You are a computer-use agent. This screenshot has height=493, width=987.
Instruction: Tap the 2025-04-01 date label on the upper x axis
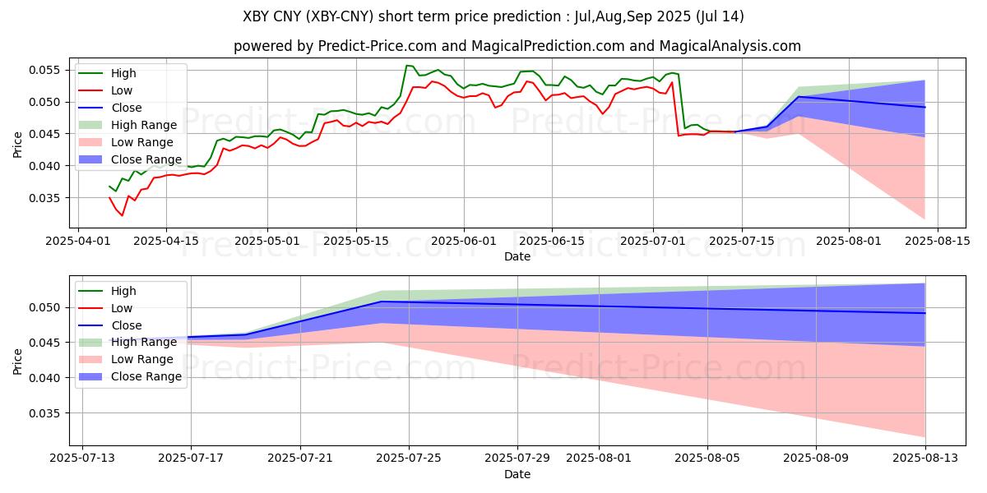[x=78, y=242]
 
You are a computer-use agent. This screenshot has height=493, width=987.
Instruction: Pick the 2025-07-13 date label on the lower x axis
[x=82, y=458]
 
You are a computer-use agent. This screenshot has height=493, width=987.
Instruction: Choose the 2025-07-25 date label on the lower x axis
[x=409, y=458]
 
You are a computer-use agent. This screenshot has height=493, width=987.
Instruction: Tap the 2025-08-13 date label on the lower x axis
[x=925, y=458]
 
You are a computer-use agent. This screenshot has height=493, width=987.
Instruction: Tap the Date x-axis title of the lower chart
[x=517, y=474]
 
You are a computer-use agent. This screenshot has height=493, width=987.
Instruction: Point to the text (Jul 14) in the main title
[x=719, y=16]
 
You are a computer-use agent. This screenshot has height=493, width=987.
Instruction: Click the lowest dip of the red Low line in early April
[x=123, y=215]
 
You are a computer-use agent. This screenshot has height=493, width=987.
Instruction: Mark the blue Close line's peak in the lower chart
[x=382, y=302]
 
